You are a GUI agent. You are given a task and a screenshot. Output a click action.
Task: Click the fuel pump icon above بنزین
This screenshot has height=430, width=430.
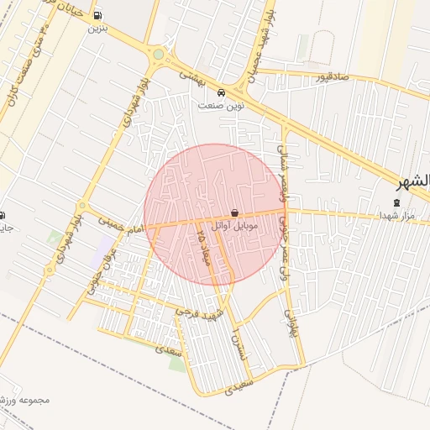coord(98,15)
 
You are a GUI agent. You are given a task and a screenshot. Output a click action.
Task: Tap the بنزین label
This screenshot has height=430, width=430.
coord(98,28)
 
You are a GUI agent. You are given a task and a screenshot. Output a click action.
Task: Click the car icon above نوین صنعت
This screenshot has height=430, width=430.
coord(221,93)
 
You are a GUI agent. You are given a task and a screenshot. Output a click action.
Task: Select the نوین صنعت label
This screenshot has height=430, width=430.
coord(220,106)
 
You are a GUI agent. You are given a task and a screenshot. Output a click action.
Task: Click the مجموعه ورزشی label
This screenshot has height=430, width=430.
coord(25,400)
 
